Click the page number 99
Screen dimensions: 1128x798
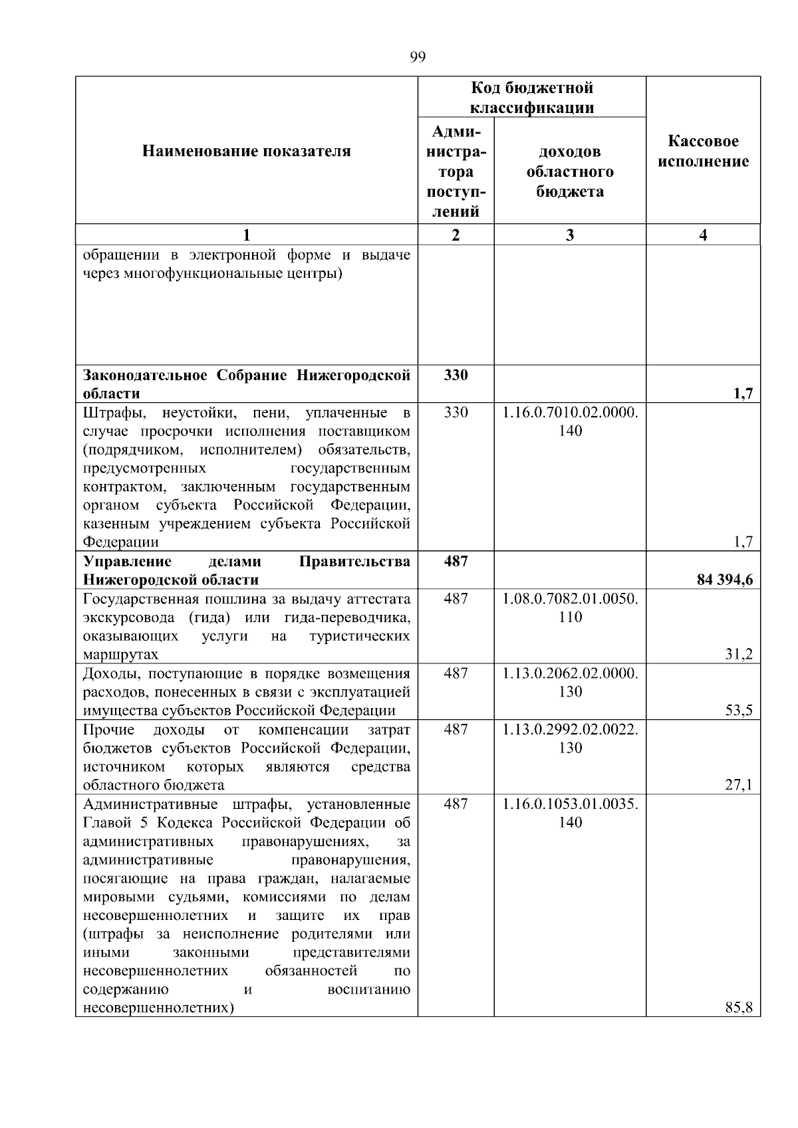(x=417, y=57)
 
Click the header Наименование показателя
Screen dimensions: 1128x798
(x=246, y=152)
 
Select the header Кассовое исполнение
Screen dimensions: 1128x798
(x=703, y=152)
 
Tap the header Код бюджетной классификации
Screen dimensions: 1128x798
(x=531, y=98)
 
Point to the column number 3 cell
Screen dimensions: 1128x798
(x=569, y=235)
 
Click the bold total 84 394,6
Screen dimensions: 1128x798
(x=724, y=580)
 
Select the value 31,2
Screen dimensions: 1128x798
(x=738, y=655)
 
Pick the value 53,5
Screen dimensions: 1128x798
(x=738, y=711)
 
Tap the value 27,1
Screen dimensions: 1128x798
(x=738, y=785)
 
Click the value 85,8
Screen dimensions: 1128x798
(x=738, y=1008)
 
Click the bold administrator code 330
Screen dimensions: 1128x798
(x=456, y=375)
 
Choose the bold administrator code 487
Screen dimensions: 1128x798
(x=456, y=561)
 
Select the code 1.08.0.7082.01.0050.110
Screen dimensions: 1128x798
(x=570, y=608)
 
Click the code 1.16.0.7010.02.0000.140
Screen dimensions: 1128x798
(x=570, y=421)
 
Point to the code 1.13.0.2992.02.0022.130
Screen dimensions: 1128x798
(x=570, y=738)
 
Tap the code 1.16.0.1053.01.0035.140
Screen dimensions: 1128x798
(x=570, y=813)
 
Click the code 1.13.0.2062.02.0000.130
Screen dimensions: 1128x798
(x=570, y=682)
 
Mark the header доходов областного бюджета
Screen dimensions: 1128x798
(x=570, y=171)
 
